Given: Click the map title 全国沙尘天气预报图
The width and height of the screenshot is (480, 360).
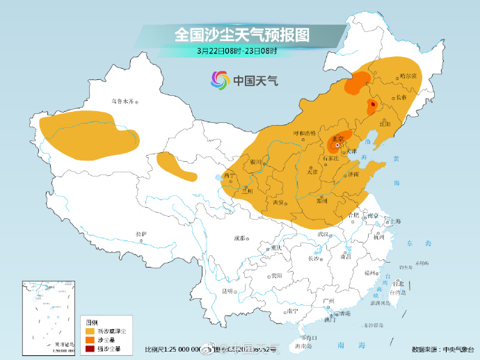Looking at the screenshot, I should pos(241,34).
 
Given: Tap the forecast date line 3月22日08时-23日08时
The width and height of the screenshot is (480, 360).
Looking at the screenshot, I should pos(237,51).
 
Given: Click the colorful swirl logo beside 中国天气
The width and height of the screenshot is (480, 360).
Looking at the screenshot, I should pos(219,81).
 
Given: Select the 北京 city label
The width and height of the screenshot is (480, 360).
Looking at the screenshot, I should pos(336,138).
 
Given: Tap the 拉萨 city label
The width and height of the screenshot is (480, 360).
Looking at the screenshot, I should pos(142,234).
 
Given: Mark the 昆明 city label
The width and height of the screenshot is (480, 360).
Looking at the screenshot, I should pos(227,291).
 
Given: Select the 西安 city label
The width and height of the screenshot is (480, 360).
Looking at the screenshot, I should pos(279,202).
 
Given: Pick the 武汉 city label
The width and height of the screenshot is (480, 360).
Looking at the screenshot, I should pos(322,234).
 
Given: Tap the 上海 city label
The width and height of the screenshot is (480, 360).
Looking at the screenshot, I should pos(395,221).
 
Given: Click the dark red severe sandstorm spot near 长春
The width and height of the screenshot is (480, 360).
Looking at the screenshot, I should pos(372,104).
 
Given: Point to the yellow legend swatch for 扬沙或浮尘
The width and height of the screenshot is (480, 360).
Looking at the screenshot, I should pos(90,330).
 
